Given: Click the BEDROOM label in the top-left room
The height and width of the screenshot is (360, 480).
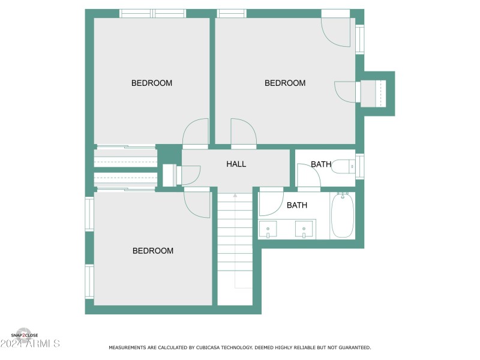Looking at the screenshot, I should click(152, 83).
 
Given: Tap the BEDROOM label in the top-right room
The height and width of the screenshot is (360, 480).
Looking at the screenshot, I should click(285, 83).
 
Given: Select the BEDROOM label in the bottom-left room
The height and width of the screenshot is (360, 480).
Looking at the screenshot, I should click(153, 251).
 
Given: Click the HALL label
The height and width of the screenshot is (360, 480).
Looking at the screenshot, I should click(236, 164).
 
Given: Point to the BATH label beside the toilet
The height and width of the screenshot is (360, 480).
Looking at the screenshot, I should click(321, 164).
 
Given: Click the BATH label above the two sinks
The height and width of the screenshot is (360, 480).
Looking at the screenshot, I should click(297, 205).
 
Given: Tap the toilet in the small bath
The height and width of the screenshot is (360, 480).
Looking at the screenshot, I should click(343, 166).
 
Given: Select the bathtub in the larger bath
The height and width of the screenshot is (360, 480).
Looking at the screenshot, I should click(343, 215).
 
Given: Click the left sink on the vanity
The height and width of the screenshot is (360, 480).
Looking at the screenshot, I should click(268, 229).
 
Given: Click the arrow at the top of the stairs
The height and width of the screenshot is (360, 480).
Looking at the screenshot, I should click(235, 195).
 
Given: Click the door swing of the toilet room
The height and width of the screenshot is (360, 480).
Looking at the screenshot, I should click(308, 176).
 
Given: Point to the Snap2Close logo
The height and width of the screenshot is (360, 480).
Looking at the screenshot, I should click(25, 335).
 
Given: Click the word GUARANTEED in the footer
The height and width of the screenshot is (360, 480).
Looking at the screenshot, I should click(354, 347).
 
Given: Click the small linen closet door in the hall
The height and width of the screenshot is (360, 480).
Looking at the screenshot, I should click(190, 175).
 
